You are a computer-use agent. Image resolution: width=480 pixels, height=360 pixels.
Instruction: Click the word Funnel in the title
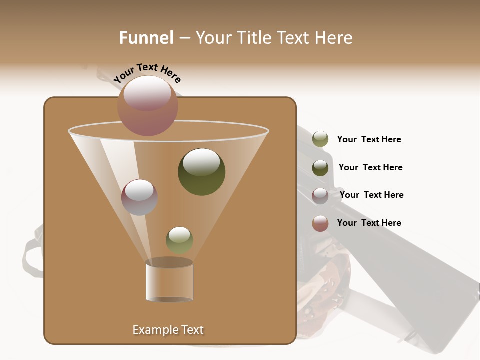[x=146, y=38]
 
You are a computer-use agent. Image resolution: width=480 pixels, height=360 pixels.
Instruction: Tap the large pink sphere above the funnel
[x=148, y=105]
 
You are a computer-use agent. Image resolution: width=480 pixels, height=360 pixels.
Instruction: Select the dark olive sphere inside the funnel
[x=201, y=172]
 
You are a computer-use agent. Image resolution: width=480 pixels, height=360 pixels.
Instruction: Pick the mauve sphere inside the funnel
[x=139, y=197]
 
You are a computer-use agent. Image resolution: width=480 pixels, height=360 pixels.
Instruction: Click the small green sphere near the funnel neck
[x=179, y=240]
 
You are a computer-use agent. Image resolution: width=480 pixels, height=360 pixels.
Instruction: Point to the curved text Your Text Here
[x=147, y=73]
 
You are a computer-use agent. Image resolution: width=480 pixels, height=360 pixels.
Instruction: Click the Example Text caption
[x=168, y=330]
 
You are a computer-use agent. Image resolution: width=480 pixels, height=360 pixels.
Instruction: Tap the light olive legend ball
[x=320, y=139]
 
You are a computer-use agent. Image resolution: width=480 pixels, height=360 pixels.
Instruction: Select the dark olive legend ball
[x=320, y=168]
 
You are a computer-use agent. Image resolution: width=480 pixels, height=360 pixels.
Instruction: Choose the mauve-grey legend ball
[x=320, y=195]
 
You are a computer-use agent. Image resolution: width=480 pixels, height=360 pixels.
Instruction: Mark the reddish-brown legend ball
[x=320, y=223]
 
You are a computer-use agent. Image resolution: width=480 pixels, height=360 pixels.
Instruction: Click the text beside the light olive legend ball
[x=369, y=139]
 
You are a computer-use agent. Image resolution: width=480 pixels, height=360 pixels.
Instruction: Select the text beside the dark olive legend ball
[x=370, y=167]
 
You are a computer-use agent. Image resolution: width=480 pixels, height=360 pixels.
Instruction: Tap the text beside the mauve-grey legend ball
[x=371, y=195]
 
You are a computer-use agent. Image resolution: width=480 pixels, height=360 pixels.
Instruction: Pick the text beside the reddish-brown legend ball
[x=369, y=223]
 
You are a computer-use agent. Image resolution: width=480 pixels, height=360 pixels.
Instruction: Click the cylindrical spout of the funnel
[x=169, y=281]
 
